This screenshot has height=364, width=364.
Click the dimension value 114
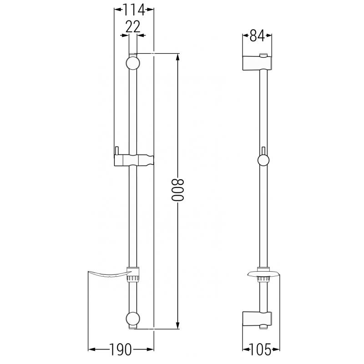coord(134,9)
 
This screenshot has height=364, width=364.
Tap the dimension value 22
coord(132,26)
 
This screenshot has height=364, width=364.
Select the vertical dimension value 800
coord(178,190)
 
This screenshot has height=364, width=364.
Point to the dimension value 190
coord(121,349)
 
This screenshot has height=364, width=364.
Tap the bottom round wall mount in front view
coord(132,318)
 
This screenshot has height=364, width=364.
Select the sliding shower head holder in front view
coord(134,160)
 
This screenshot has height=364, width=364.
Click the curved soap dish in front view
coord(109,274)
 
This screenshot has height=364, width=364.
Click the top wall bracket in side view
coord(258,62)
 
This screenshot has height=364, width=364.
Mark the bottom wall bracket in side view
coord(258,318)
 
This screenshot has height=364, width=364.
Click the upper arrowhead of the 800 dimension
coord(178,57)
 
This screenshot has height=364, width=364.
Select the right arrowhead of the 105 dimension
coord(274,349)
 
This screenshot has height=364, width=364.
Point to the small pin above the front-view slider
coord(117,150)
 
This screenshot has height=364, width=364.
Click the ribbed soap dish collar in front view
coord(133,275)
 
